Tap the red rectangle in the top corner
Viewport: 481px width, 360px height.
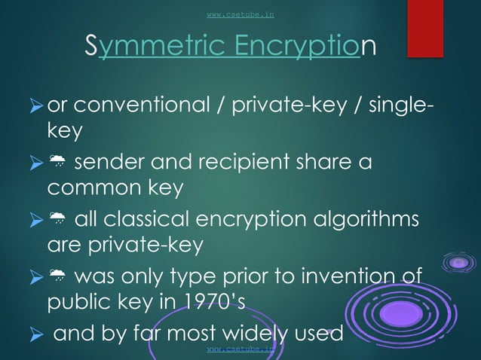pyautogui.click(x=424, y=29)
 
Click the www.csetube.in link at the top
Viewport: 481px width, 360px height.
pyautogui.click(x=240, y=14)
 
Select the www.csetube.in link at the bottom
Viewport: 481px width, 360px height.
pyautogui.click(x=240, y=350)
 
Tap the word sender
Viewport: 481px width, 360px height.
pyautogui.click(x=112, y=163)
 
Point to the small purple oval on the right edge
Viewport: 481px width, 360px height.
pyautogui.click(x=458, y=263)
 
